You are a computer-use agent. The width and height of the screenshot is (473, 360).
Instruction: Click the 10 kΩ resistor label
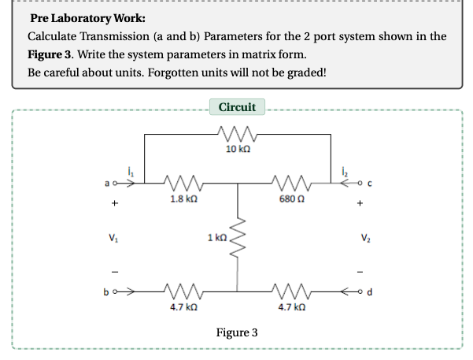click(237, 150)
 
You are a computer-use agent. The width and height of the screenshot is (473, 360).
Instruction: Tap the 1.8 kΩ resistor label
click(183, 200)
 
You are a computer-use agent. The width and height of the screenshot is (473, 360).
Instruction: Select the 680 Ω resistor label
click(293, 200)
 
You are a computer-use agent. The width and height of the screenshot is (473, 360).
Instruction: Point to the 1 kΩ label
click(216, 236)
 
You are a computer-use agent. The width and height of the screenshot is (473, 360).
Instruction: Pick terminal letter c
click(368, 185)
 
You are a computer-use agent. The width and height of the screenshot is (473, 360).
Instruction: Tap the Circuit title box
click(236, 106)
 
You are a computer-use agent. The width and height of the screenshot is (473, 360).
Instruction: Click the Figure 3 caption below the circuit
click(237, 332)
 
